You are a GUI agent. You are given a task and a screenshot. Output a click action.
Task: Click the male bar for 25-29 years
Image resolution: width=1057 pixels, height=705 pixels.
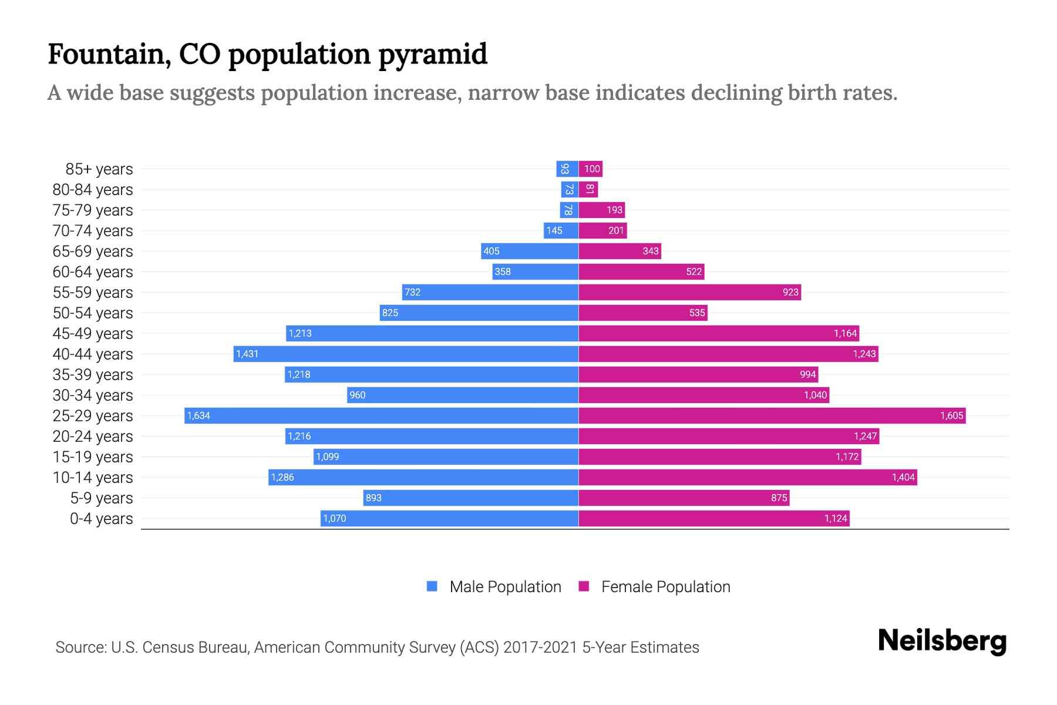(382, 415)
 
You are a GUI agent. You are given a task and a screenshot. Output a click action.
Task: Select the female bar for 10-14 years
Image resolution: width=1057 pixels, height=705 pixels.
(748, 477)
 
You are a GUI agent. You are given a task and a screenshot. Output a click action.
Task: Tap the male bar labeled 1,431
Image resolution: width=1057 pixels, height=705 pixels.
(406, 354)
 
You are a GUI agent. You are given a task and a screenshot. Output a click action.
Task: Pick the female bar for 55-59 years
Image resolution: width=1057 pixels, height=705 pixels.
(690, 292)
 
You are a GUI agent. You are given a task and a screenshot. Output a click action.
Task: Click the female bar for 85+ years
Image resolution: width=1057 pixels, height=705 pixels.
(591, 169)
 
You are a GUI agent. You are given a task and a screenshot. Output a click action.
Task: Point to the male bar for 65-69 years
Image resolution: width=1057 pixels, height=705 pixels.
(530, 251)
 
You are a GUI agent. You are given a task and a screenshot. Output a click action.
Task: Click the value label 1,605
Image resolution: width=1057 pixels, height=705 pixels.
(951, 415)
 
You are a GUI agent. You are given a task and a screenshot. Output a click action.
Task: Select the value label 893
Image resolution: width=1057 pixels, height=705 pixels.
(373, 498)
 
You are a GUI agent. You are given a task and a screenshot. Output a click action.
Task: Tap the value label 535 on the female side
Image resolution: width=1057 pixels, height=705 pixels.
(697, 313)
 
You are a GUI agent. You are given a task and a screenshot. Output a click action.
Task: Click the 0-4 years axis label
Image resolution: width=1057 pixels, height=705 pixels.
(102, 518)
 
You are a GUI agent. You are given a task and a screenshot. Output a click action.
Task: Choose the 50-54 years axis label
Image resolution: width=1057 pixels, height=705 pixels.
(93, 313)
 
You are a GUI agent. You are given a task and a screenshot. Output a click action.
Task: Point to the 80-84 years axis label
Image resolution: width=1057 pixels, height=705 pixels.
(93, 189)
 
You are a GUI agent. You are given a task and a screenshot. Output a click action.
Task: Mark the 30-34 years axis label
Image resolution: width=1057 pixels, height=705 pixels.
(93, 395)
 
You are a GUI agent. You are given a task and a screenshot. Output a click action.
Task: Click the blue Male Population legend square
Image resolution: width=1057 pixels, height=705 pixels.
(432, 586)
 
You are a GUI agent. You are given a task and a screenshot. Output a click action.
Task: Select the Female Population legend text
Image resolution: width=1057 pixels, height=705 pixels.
(665, 586)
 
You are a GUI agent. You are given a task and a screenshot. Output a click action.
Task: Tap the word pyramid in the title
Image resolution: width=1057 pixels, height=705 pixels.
(433, 55)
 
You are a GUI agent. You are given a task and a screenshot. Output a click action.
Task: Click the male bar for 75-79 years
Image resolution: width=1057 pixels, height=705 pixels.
(569, 210)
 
